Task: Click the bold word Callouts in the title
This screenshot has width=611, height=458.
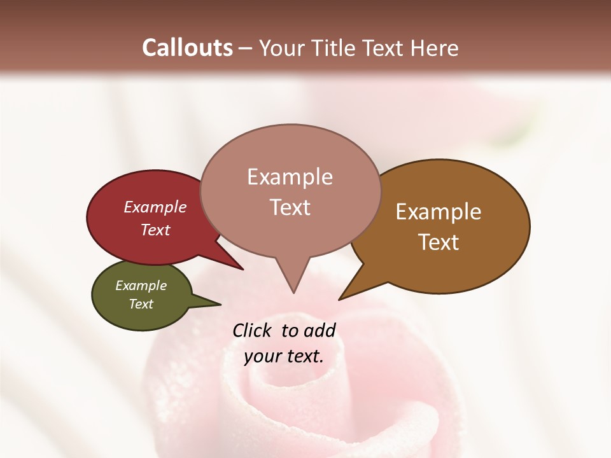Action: click(187, 48)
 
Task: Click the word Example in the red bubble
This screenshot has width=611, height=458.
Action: click(155, 207)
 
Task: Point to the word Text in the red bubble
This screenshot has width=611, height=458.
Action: click(155, 230)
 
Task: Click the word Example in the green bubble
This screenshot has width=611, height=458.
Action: click(141, 286)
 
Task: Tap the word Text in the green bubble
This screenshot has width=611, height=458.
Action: click(141, 304)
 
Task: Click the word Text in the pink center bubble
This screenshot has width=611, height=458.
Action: click(290, 207)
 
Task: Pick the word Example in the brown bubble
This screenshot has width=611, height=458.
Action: click(439, 211)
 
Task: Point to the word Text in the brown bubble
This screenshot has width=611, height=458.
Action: click(439, 242)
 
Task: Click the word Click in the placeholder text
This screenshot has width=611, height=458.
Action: click(252, 330)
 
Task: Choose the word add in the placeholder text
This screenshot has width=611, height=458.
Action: click(320, 330)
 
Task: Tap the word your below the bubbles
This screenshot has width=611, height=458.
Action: click(262, 356)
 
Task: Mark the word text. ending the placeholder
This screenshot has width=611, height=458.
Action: click(303, 356)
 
